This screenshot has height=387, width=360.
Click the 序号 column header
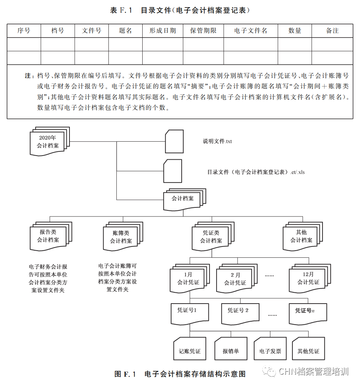point(24,31)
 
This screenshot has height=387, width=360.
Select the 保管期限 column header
point(203,31)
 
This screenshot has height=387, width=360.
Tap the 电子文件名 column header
point(250,31)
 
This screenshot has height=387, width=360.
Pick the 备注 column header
point(332,31)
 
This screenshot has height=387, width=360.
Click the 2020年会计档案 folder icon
point(48,142)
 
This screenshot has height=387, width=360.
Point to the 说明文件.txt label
point(217,141)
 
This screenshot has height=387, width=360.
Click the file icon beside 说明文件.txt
point(174,141)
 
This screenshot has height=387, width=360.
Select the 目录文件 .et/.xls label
point(256,172)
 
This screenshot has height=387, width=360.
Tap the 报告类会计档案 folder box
point(49,236)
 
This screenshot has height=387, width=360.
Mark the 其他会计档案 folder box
point(302,237)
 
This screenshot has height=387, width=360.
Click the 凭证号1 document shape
point(187,313)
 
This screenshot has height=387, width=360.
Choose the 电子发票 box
point(270,351)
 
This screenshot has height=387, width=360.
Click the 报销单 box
point(230,351)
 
